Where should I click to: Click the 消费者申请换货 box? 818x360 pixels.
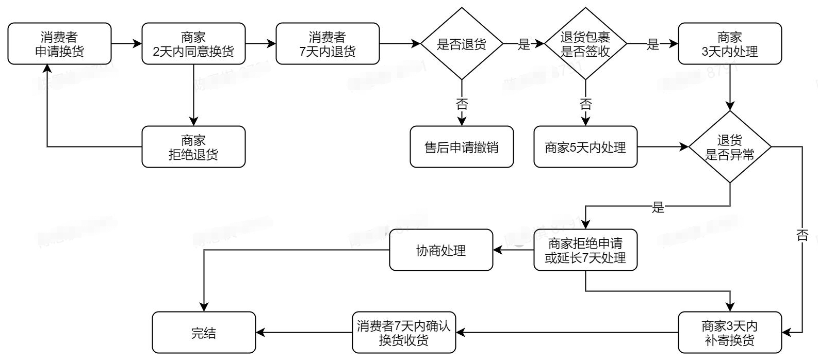coord(59,44)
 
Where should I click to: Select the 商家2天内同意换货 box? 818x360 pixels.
coord(193,44)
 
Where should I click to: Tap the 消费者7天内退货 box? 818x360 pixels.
coord(328,44)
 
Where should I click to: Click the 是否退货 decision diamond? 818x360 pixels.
coord(462,44)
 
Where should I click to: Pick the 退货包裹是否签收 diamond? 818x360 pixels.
coord(585,44)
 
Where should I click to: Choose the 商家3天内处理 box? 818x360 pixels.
coord(730,44)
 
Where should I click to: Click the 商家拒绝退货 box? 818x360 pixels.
coord(193,147)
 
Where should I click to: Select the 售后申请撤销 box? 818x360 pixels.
coord(462,147)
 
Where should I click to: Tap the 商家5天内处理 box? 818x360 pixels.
coord(585,147)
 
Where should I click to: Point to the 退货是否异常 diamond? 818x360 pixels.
coord(730,147)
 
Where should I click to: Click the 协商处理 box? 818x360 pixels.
coord(441,250)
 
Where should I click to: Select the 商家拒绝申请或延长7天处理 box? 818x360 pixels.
coord(585,250)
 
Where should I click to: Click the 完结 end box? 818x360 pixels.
coord(204,333)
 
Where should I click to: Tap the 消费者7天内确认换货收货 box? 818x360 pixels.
coord(404,333)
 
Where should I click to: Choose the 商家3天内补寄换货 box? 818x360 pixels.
coord(730,333)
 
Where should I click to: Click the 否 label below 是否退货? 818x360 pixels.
coord(462,105)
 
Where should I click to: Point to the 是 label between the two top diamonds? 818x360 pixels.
coord(524,44)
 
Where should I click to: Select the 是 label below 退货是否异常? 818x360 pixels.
coord(658,208)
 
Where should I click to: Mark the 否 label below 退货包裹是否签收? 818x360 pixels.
coord(585,105)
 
